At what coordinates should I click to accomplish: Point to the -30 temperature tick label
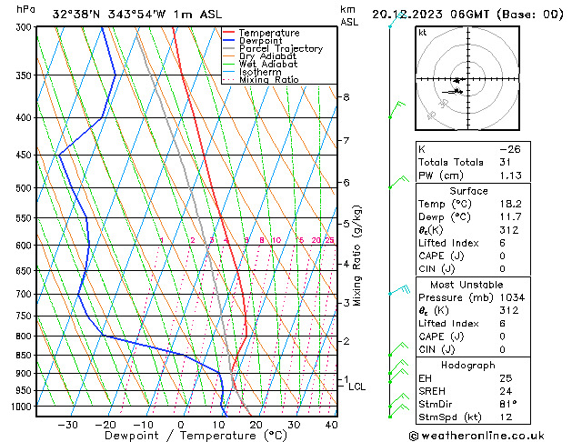point(67,425)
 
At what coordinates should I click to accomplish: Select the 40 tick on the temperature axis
point(331,425)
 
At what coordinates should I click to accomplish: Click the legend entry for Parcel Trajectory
point(280,49)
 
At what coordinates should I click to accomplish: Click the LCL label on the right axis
point(357,387)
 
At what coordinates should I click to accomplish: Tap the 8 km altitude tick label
point(346,97)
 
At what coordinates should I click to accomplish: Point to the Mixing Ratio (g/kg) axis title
point(358,256)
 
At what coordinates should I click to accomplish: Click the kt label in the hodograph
point(423,33)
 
